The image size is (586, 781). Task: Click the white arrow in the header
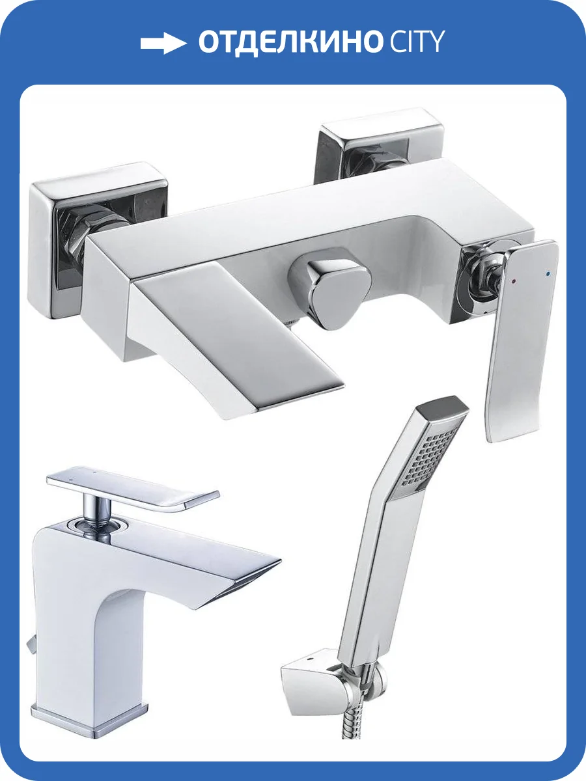coord(163,43)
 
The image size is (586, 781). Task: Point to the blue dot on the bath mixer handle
coord(547,274)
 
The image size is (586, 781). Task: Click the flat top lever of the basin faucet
coord(132,487)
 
